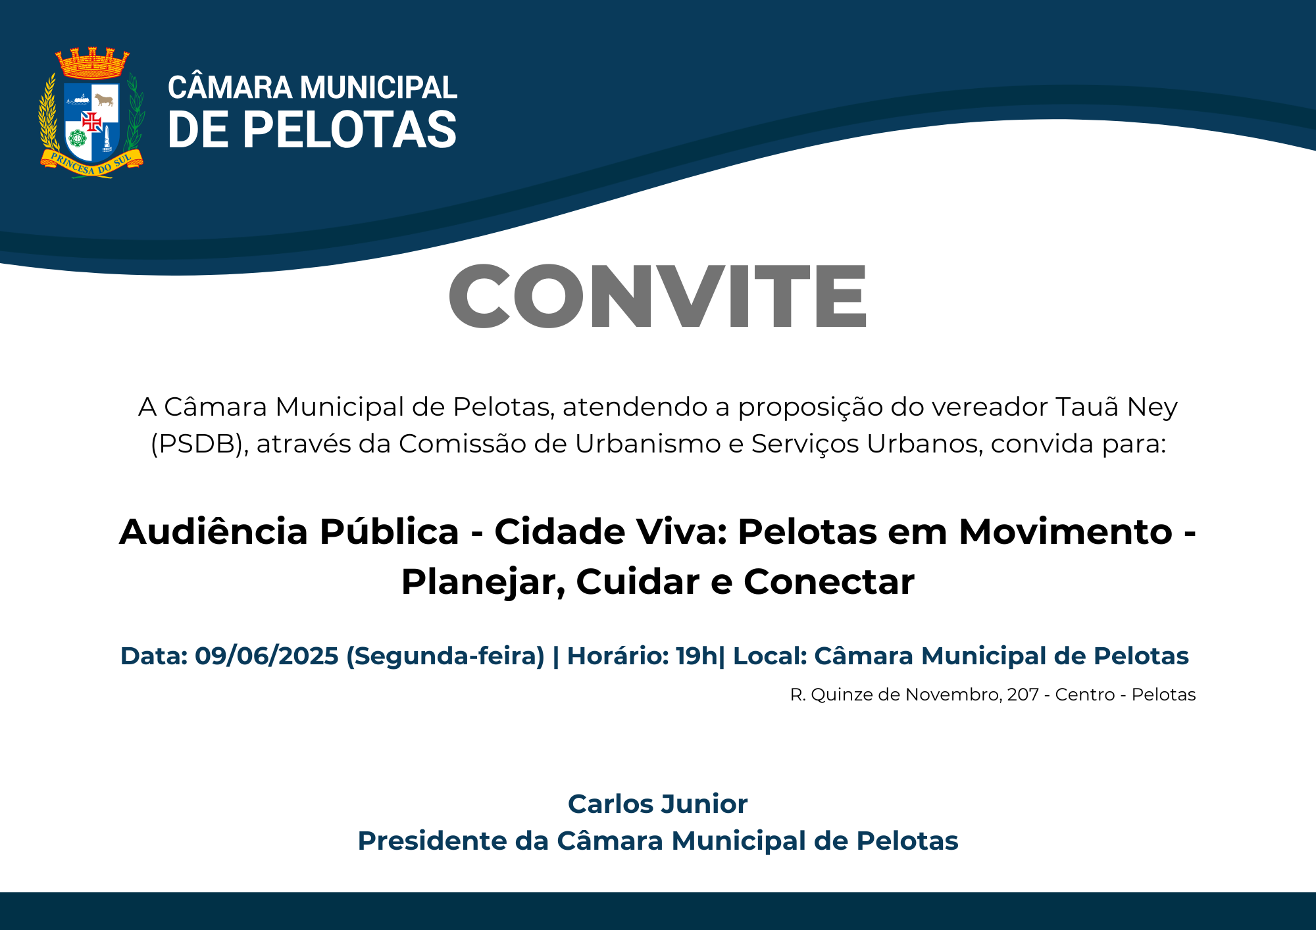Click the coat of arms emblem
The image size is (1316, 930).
coord(91,112)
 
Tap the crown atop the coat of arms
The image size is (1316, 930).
coord(92,63)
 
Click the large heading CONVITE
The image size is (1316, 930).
coord(658,295)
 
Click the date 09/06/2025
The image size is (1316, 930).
coord(266,656)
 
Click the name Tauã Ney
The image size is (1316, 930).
coord(1117,407)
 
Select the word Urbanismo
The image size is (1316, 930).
coord(648,444)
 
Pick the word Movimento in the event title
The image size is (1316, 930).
coord(1066,531)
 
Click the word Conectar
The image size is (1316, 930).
coord(829,583)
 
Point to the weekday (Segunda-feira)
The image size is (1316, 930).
coord(445,656)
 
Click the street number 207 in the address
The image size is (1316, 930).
coord(1023,695)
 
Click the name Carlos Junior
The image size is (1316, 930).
coord(658,804)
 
